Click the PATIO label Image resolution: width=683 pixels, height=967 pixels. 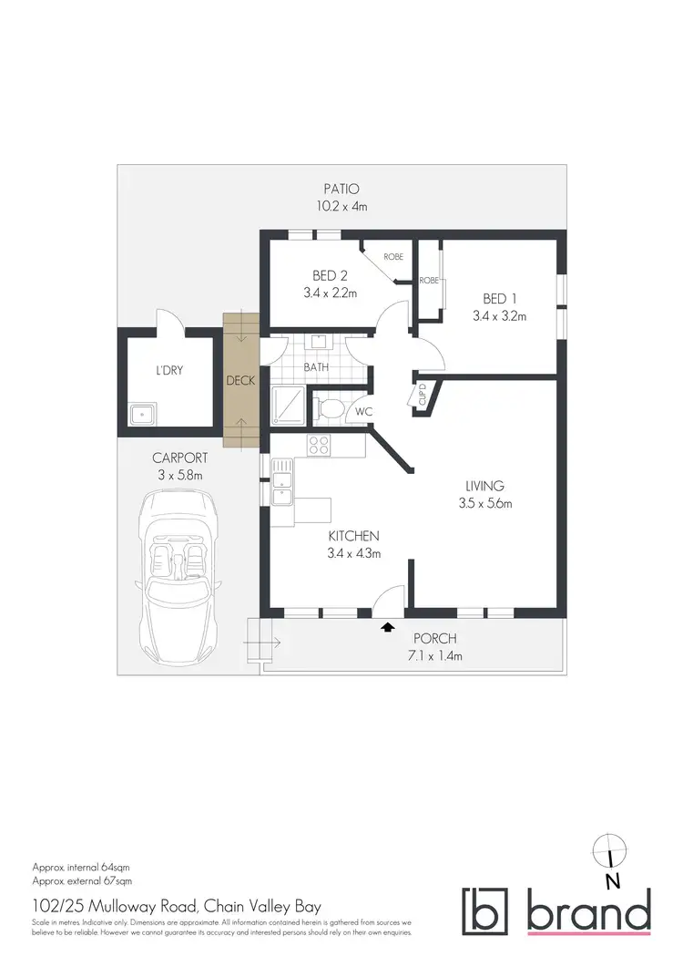coord(341,190)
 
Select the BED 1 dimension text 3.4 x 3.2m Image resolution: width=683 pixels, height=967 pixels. coord(499,316)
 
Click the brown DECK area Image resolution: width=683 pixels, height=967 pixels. coord(241,381)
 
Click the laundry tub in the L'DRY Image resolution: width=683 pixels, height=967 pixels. coord(141,416)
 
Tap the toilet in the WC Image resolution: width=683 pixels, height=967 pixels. coord(331,410)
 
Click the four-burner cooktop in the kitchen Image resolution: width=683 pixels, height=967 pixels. coord(320,446)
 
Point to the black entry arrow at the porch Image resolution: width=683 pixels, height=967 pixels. coord(388,626)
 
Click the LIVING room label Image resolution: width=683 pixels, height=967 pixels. coord(484,486)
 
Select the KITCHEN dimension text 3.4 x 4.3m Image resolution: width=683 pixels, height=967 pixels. coord(353,552)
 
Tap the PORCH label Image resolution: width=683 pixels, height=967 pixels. coord(434,639)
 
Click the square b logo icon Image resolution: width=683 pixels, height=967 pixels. coord(487,910)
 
